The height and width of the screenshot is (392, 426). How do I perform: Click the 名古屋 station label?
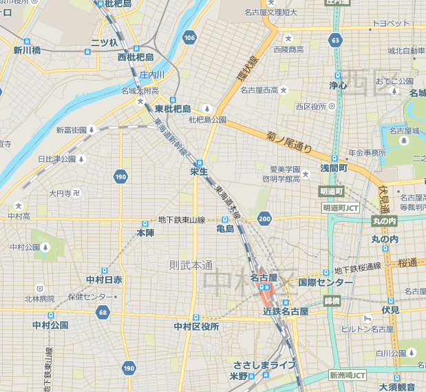(264, 278)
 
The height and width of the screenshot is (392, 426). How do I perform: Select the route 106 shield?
(190, 37)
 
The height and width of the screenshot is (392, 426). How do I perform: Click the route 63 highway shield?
(335, 41)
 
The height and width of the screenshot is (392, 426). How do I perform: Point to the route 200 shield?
(264, 219)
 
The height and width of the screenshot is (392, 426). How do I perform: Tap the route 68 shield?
(103, 313)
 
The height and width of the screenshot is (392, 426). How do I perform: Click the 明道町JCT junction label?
(341, 207)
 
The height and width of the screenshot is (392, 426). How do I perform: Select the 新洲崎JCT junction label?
(347, 375)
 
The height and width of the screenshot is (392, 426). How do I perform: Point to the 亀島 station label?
(225, 229)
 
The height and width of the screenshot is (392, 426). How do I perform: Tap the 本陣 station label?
(145, 234)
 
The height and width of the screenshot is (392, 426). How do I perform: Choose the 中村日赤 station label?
(104, 280)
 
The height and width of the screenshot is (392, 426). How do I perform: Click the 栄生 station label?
(200, 170)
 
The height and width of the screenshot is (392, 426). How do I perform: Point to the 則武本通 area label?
(191, 265)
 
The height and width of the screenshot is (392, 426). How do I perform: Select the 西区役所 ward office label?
(309, 106)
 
